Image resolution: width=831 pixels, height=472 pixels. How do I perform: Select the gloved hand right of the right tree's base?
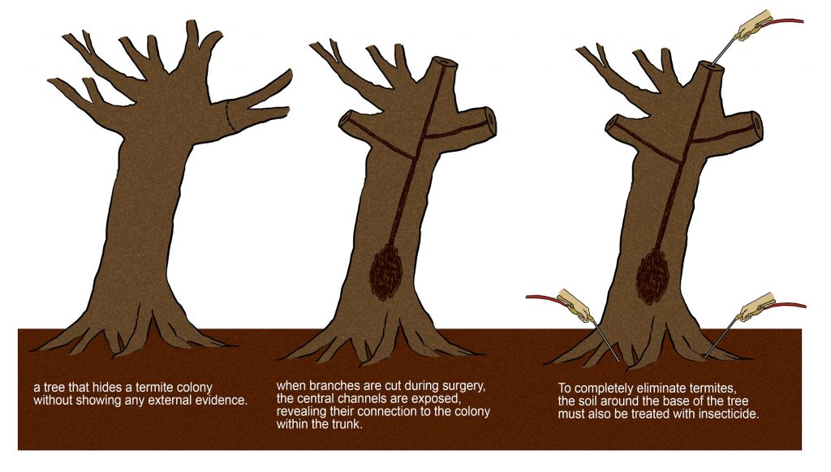[x=757, y=307]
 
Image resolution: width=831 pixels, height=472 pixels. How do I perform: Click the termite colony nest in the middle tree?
[x=386, y=271]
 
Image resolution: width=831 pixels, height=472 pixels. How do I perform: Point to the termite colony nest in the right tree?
[x=652, y=276]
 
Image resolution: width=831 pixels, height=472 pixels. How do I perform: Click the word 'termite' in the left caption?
[x=153, y=388]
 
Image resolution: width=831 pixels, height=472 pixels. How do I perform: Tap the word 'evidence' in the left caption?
[x=222, y=401]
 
